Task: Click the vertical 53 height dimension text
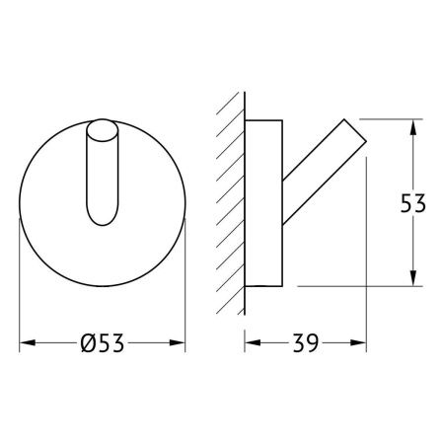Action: (x=413, y=204)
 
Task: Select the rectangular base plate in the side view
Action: (x=263, y=202)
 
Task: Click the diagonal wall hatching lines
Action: (x=230, y=197)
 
